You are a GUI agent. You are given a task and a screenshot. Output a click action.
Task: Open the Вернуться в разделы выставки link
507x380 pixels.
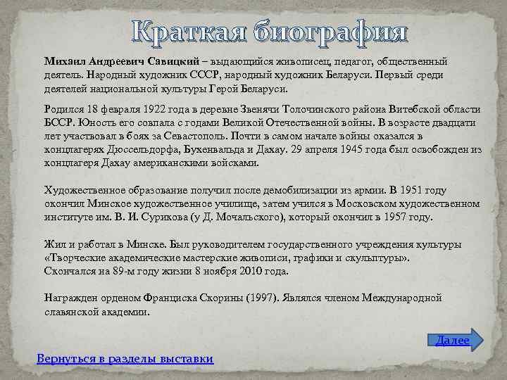tap(125, 358)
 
